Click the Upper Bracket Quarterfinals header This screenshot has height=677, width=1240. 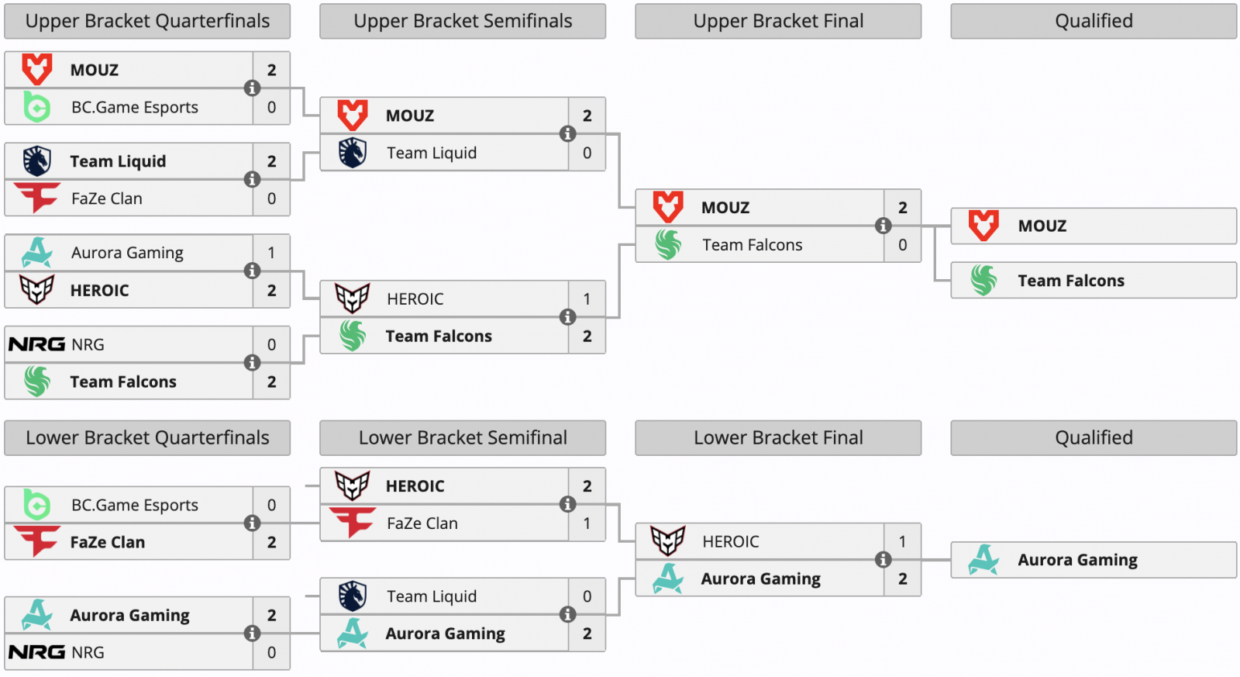pyautogui.click(x=147, y=21)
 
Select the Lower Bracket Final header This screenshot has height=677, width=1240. pyautogui.click(x=778, y=437)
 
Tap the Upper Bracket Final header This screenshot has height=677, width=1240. pyautogui.click(x=778, y=21)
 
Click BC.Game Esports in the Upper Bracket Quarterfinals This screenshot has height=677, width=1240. pyautogui.click(x=134, y=107)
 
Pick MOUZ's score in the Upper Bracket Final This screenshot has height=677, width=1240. pyautogui.click(x=902, y=207)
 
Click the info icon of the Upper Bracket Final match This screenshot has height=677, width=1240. pyautogui.click(x=883, y=226)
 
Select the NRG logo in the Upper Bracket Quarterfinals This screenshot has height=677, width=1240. pyautogui.click(x=36, y=344)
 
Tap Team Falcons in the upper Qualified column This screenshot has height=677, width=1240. pyautogui.click(x=1070, y=281)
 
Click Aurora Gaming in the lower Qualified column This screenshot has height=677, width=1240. pyautogui.click(x=1077, y=560)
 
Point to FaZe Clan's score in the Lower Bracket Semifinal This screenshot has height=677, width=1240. pyautogui.click(x=587, y=523)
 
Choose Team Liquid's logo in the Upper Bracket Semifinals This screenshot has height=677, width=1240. pyautogui.click(x=353, y=153)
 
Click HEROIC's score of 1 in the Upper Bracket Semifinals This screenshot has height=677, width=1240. pyautogui.click(x=587, y=299)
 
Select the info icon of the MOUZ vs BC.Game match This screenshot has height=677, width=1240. pyautogui.click(x=252, y=88)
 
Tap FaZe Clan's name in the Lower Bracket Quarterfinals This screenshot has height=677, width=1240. pyautogui.click(x=107, y=542)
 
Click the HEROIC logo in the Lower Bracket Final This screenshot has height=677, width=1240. pyautogui.click(x=667, y=541)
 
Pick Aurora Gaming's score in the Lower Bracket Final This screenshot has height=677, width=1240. pyautogui.click(x=902, y=579)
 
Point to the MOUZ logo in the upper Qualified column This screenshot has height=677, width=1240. pyautogui.click(x=983, y=226)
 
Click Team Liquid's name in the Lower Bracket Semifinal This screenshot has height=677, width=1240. pyautogui.click(x=431, y=596)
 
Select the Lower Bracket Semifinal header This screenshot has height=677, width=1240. pyautogui.click(x=463, y=437)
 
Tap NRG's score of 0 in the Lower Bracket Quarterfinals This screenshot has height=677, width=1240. pyautogui.click(x=271, y=652)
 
